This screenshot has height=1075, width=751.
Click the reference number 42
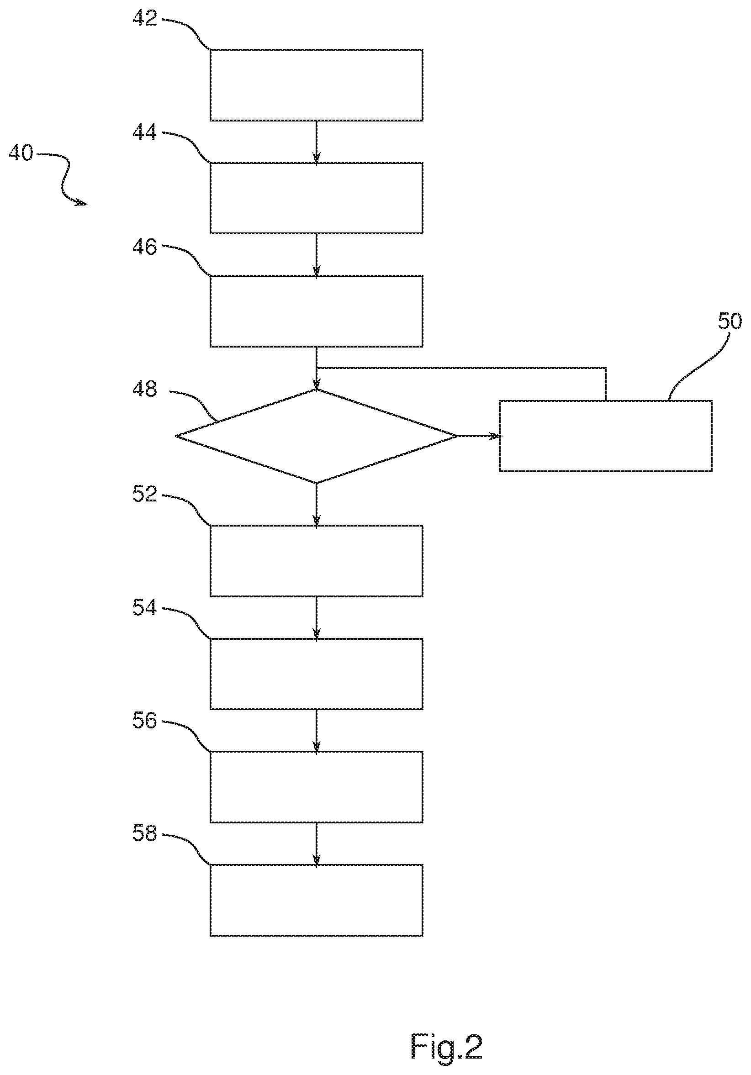point(145,18)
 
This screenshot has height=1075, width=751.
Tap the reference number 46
point(145,247)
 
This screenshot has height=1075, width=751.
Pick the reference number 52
point(145,495)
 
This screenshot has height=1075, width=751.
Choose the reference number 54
point(145,608)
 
